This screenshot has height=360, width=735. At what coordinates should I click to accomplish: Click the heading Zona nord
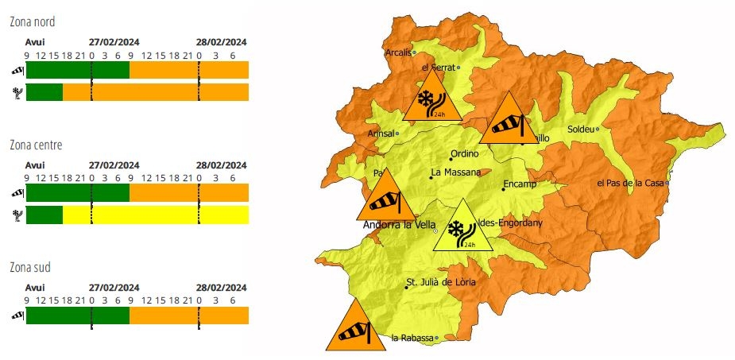click(x=34, y=21)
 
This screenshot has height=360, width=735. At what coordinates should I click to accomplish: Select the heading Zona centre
click(x=37, y=145)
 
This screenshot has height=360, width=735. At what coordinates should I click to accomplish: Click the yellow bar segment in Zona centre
click(x=155, y=215)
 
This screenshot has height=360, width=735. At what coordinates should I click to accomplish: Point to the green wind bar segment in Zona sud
click(x=77, y=315)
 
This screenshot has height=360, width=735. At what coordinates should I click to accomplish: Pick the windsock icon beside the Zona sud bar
click(x=17, y=315)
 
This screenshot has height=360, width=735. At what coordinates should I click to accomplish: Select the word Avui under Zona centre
click(x=35, y=165)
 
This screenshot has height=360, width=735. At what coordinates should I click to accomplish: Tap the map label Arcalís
click(x=397, y=53)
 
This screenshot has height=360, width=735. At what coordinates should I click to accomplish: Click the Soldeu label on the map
click(x=580, y=129)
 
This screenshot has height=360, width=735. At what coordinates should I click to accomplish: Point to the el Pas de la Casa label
click(x=629, y=183)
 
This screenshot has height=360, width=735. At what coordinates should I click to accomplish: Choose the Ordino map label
click(x=465, y=155)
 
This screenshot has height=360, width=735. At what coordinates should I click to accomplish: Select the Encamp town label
click(x=520, y=184)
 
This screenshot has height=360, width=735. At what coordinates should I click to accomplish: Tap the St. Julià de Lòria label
click(x=441, y=282)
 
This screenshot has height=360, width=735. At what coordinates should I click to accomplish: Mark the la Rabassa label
click(x=412, y=338)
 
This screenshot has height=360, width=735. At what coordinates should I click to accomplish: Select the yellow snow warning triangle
click(x=462, y=229)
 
